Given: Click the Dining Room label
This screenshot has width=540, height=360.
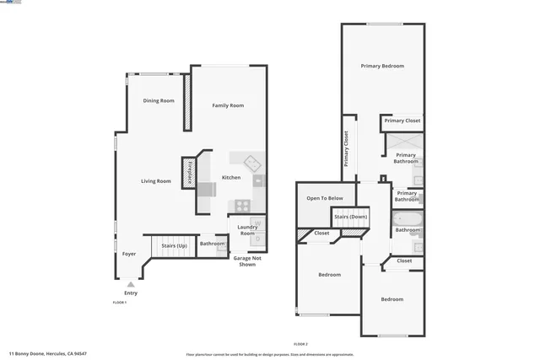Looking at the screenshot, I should [x=159, y=100].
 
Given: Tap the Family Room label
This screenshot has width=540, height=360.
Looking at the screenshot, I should [x=228, y=105].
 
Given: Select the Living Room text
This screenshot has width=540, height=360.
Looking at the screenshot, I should [x=156, y=181].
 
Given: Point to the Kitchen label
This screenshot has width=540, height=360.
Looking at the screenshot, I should [x=231, y=178].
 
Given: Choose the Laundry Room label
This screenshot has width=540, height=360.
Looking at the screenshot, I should [x=247, y=229].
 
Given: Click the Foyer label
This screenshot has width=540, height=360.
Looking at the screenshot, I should [x=129, y=254].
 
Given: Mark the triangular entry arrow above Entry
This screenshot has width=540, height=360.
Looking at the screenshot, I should [x=131, y=286].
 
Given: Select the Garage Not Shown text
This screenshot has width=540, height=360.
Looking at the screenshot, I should [x=246, y=261].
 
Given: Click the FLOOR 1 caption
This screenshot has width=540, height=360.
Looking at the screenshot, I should [x=119, y=302].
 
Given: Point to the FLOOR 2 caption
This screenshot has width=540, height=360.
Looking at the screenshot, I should [x=300, y=344].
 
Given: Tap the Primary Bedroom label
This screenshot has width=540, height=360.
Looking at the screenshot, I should [x=382, y=66].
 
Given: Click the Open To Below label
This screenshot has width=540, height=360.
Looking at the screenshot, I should [x=325, y=198].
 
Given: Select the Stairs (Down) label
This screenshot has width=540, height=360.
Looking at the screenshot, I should [x=350, y=217].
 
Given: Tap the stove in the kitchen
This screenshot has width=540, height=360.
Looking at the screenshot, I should [x=242, y=204].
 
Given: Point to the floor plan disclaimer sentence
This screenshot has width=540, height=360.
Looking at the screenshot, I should [x=270, y=355].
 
